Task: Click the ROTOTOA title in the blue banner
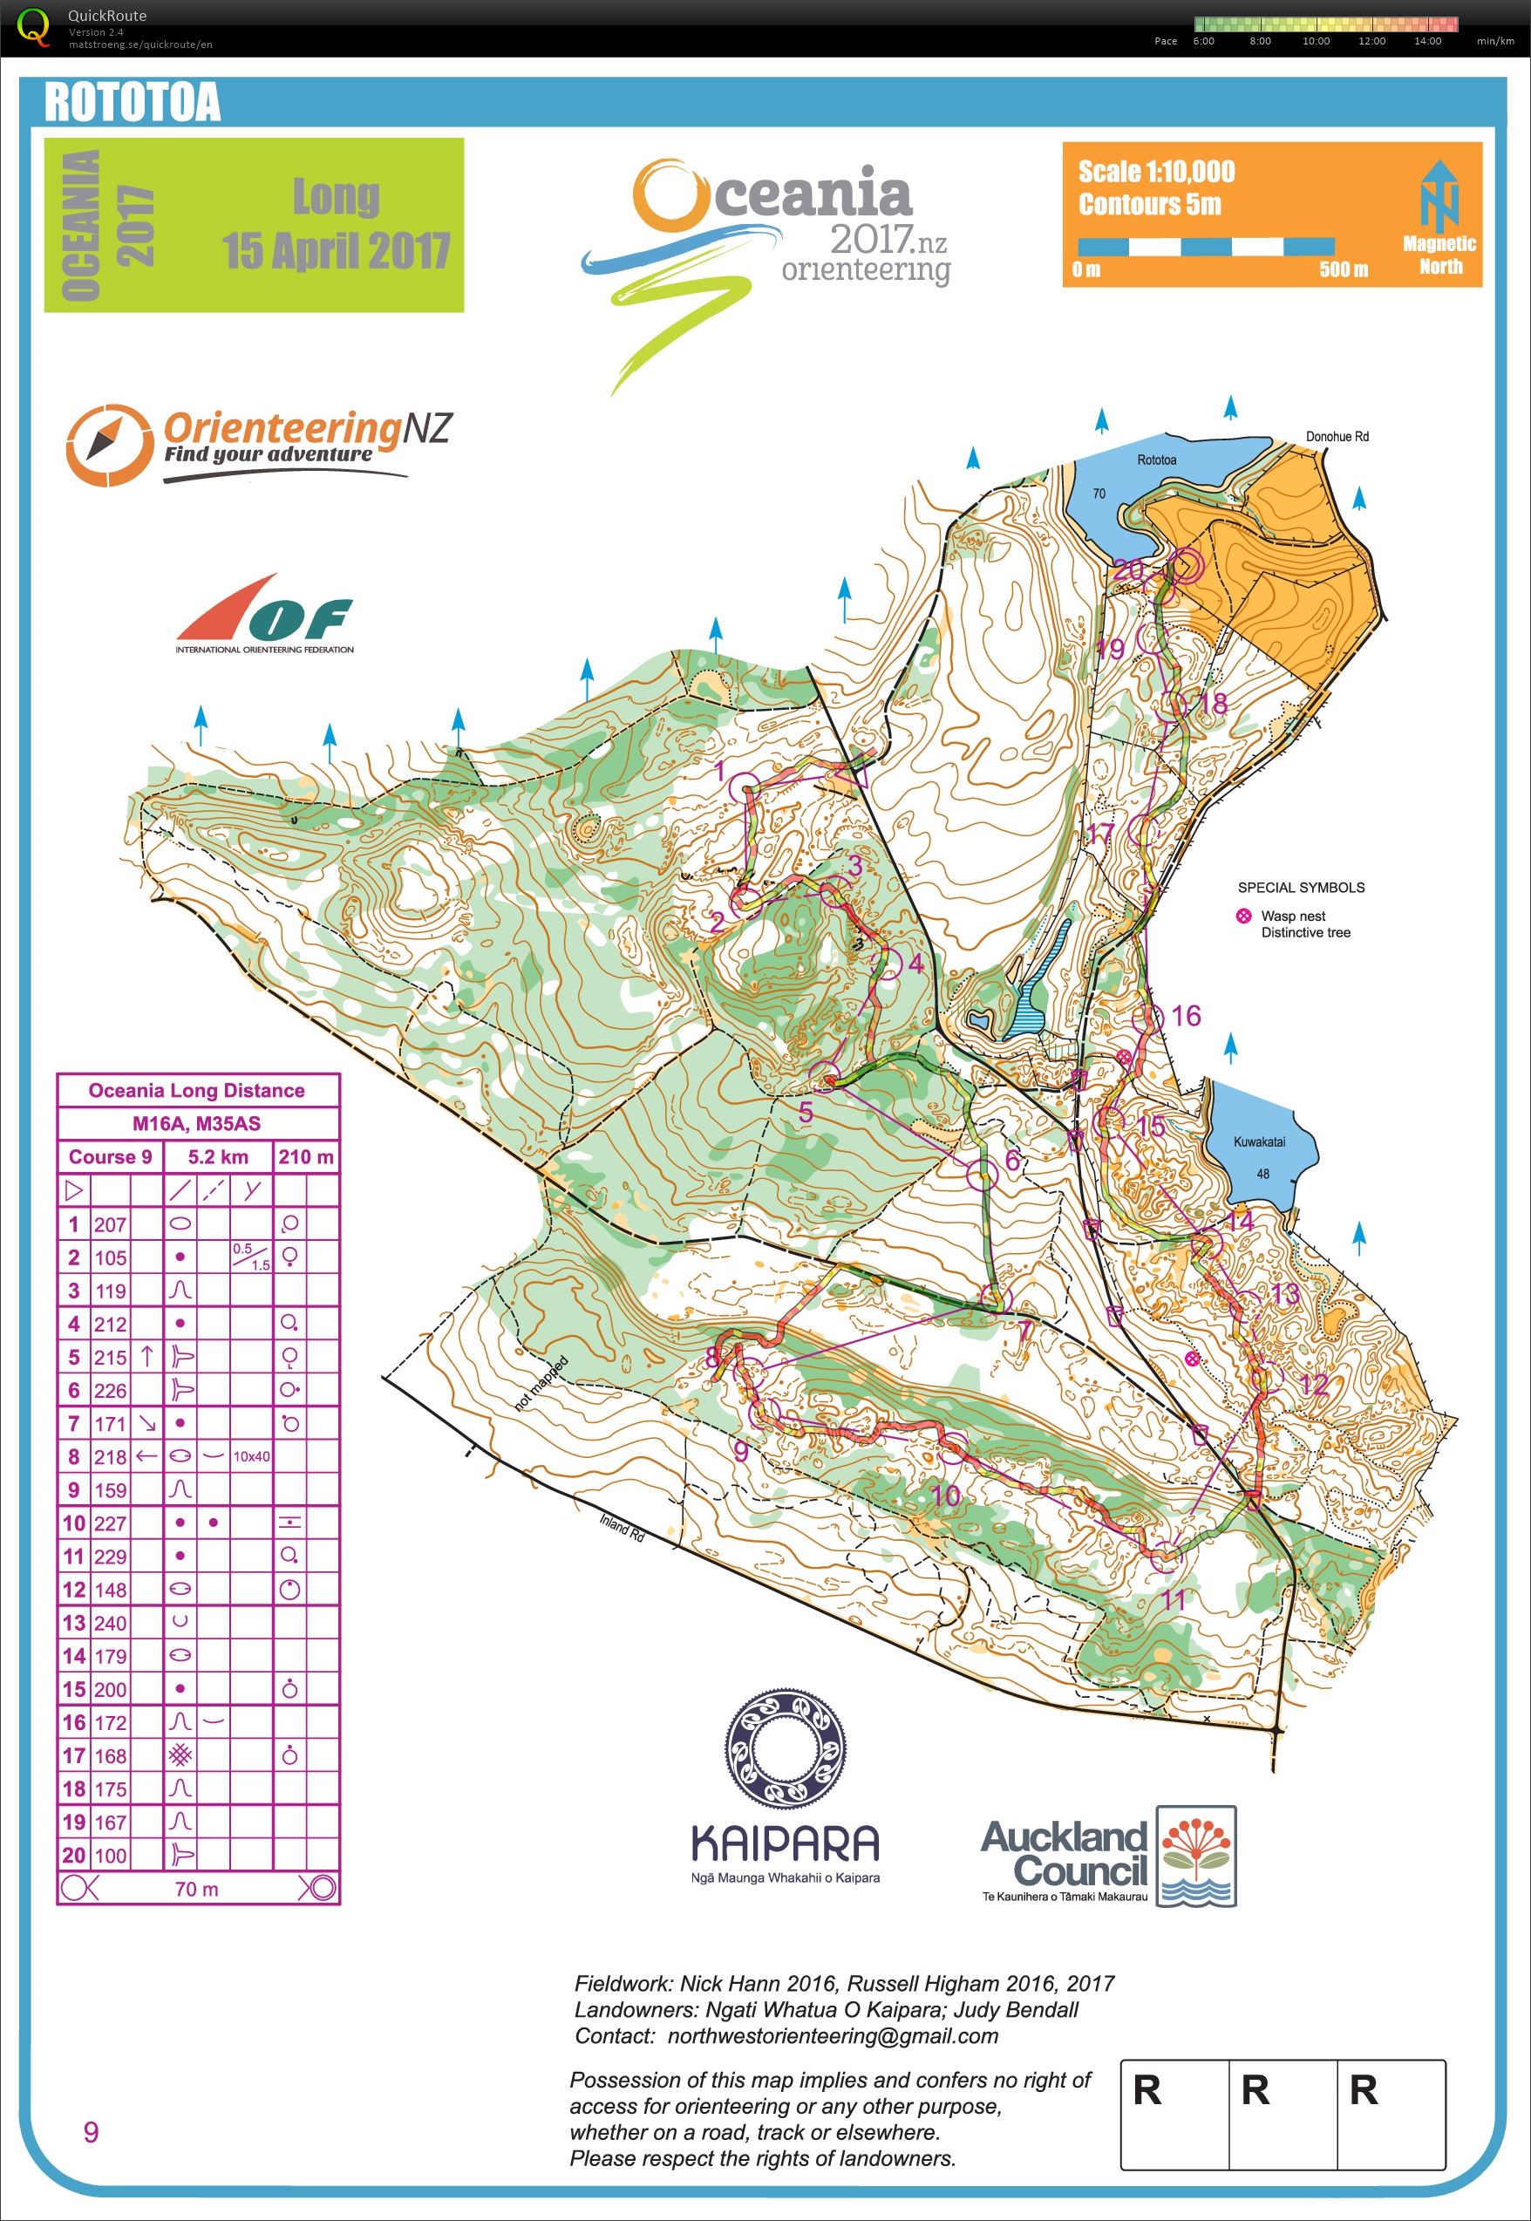[133, 103]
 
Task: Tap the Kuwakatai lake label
[1259, 1141]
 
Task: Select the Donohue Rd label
[1337, 437]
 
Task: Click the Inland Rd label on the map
[622, 1528]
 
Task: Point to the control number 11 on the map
[1174, 1599]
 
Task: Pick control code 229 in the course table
[111, 1557]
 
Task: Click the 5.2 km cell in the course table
[218, 1157]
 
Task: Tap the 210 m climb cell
[306, 1157]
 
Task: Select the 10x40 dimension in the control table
[250, 1456]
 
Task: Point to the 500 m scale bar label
[1343, 269]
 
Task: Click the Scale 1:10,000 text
[1156, 172]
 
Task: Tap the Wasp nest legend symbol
[1243, 916]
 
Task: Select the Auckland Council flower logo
[1196, 1857]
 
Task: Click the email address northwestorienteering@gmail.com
[832, 2036]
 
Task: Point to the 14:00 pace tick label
[1426, 40]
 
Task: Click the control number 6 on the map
[1012, 1161]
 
